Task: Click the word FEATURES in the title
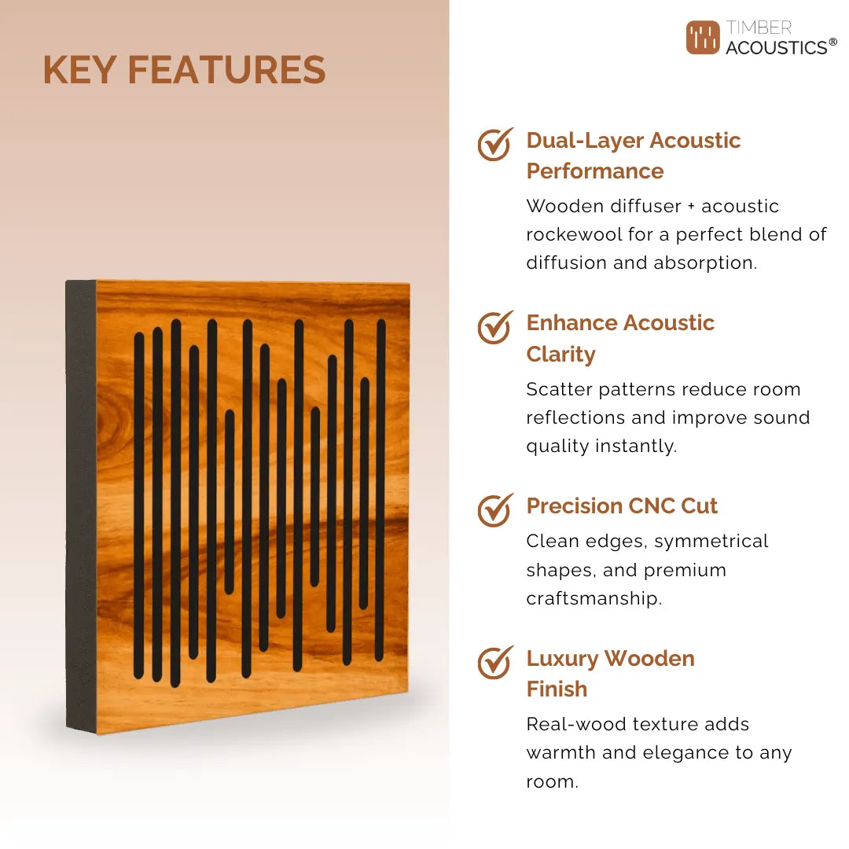click(x=227, y=70)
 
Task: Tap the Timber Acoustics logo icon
click(x=703, y=38)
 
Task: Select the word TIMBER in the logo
click(x=759, y=27)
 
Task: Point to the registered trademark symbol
click(x=832, y=42)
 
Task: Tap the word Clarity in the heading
click(x=561, y=354)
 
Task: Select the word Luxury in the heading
click(x=562, y=660)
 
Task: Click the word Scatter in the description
click(x=559, y=389)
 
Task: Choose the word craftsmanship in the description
click(x=594, y=599)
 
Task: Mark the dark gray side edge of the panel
click(x=81, y=507)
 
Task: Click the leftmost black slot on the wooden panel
click(x=139, y=505)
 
